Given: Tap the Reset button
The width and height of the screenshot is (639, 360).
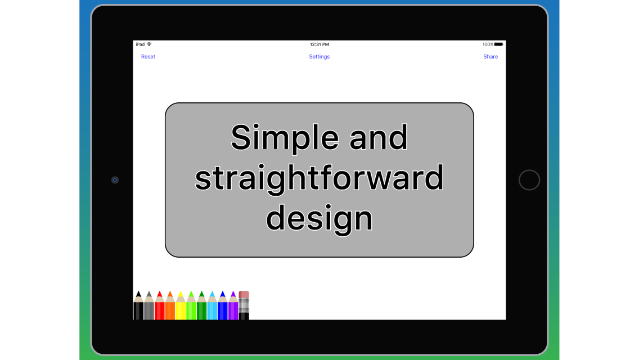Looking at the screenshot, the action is [148, 57].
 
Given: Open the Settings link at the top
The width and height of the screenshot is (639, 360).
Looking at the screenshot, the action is [319, 57].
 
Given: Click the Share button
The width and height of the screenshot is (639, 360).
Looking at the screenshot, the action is [490, 57].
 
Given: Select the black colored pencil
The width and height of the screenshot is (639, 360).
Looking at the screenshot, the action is [138, 305].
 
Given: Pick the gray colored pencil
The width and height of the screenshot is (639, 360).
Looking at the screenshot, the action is [149, 305].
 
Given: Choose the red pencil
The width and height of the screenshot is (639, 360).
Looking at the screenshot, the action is [160, 305].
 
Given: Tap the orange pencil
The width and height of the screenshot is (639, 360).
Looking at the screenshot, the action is [170, 305].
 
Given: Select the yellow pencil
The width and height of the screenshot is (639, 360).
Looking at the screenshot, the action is [181, 305].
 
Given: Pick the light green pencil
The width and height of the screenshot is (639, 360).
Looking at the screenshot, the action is [191, 305].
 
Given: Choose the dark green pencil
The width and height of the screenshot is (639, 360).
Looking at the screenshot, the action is [202, 305].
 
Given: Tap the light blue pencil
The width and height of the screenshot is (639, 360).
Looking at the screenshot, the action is [212, 305].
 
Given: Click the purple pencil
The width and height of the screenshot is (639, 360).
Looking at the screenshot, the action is [233, 305].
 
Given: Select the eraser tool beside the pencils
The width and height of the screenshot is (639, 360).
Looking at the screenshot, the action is [244, 305].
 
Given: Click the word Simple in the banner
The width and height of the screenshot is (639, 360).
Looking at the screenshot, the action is [285, 138].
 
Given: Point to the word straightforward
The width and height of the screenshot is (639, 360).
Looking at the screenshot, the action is [319, 178].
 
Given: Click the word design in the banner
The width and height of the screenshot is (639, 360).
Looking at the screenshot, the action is [319, 218].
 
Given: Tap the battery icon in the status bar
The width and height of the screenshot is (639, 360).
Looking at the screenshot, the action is [499, 44].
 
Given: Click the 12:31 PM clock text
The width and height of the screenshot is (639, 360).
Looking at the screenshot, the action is [319, 44].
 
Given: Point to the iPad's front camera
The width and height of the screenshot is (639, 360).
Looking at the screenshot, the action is [115, 180].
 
